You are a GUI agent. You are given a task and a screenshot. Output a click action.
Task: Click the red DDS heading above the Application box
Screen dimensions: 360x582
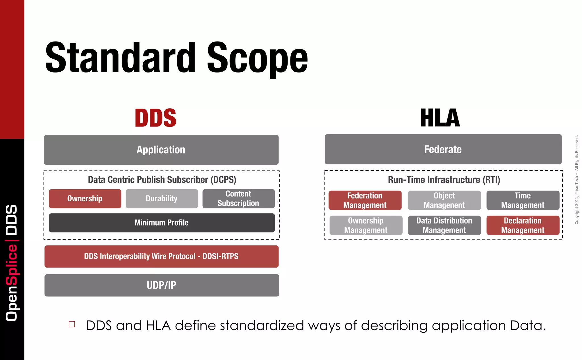[155, 118]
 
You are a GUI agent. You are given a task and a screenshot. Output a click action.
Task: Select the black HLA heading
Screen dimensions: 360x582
[440, 118]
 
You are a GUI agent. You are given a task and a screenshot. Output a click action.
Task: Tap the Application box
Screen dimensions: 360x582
[161, 150]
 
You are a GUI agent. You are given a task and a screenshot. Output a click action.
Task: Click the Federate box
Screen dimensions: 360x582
[443, 149]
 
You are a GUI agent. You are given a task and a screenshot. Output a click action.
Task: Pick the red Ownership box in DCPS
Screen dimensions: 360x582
[85, 198]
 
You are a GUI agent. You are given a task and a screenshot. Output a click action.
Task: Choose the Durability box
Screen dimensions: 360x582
[162, 198]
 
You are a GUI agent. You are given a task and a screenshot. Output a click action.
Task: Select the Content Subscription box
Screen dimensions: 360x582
[238, 198]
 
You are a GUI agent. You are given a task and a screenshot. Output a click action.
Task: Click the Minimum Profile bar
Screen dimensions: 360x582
[162, 223]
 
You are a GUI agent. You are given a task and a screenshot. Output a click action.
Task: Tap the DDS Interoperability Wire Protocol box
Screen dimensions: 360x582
[161, 256]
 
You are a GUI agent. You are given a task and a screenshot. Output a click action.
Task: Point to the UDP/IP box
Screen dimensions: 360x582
[162, 285]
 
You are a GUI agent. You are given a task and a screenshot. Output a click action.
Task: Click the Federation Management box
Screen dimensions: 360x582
[365, 200]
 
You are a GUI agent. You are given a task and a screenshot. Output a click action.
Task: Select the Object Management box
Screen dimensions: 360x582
[444, 200]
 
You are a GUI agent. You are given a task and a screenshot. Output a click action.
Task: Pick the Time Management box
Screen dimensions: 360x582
[523, 200]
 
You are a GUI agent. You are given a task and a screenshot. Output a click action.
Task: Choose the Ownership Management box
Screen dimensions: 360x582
[366, 225]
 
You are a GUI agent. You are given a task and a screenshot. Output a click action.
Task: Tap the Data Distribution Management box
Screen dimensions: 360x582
[444, 225]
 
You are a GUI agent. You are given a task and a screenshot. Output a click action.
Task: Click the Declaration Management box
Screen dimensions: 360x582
[523, 225]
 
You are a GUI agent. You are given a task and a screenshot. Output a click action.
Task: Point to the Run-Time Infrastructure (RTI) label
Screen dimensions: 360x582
[444, 180]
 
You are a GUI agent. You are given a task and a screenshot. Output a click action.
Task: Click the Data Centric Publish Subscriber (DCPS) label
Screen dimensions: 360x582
[162, 180]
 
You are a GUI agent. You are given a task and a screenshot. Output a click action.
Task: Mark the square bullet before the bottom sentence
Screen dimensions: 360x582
[72, 324]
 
